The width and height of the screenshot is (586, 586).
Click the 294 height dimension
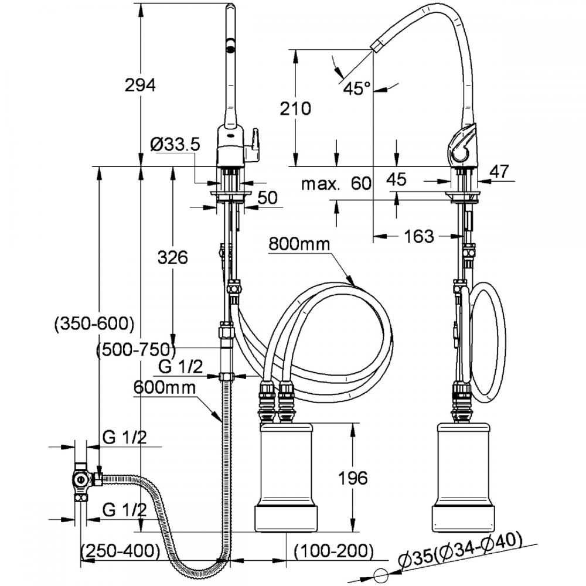pyautogui.click(x=140, y=86)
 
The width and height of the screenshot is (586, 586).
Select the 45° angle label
pyautogui.click(x=357, y=89)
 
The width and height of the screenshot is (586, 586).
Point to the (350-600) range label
pyautogui.click(x=94, y=323)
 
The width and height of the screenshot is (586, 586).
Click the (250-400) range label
pyautogui.click(x=120, y=550)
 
